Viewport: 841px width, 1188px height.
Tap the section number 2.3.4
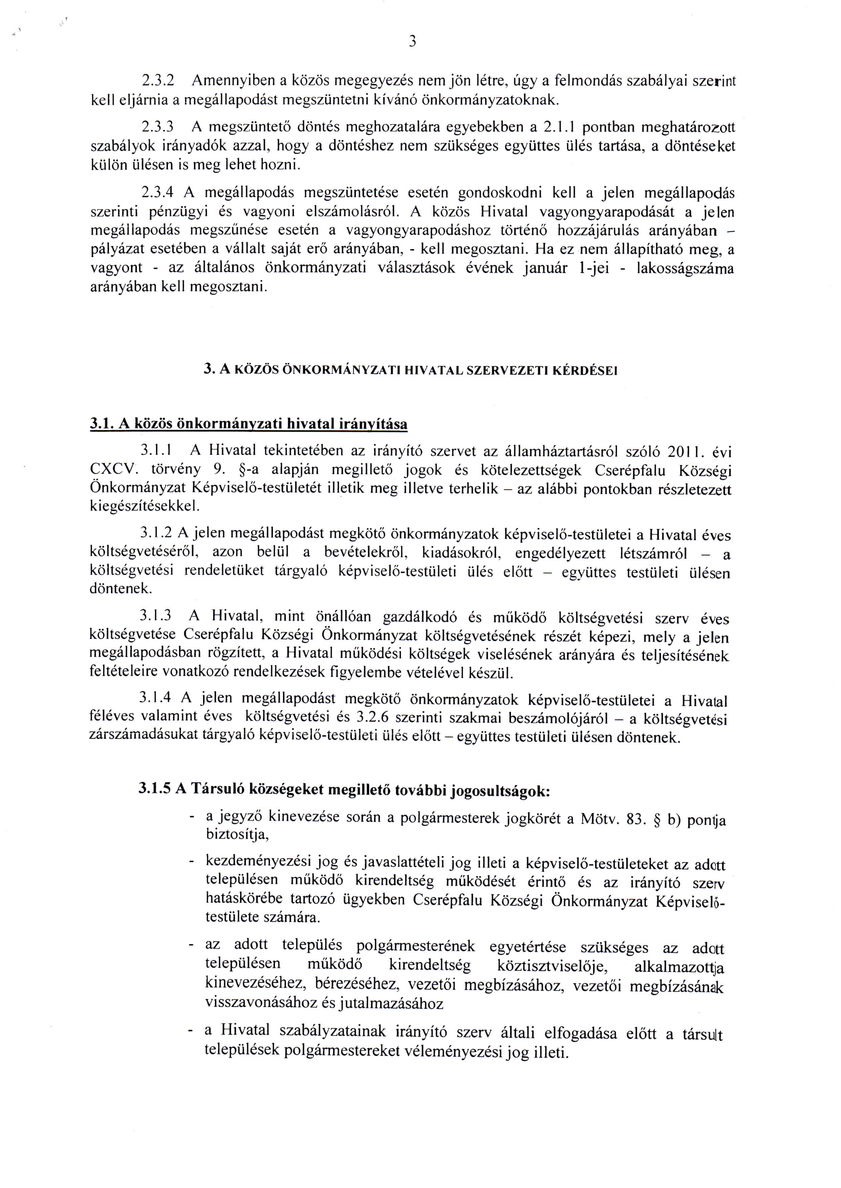156,193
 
